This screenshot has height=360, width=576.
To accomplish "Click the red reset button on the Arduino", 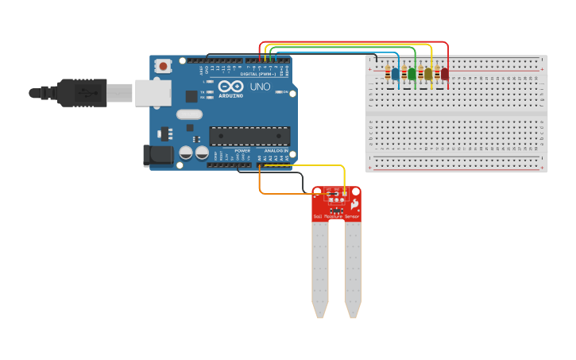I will [163, 66].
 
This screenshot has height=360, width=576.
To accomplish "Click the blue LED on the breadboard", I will [395, 74].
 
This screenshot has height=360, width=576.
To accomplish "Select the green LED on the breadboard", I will [412, 74].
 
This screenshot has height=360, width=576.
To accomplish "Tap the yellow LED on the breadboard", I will [428, 74].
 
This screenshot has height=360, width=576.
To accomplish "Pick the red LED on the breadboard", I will [445, 74].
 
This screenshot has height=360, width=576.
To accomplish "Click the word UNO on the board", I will [261, 87].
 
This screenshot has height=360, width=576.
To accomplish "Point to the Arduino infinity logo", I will [231, 86].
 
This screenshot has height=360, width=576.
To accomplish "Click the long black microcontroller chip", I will [249, 135].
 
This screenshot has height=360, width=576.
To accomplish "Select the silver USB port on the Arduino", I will [153, 93].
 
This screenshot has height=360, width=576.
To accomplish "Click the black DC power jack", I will [157, 155].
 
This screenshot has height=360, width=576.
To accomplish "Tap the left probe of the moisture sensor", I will [319, 270].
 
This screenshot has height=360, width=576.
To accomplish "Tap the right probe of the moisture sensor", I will [353, 270].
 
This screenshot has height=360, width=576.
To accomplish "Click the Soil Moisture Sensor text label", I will [336, 216].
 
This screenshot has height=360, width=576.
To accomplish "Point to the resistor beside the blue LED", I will [387, 74].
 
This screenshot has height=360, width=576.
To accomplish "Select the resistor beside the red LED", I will [437, 74].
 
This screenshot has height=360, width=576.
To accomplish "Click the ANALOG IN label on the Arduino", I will [276, 150].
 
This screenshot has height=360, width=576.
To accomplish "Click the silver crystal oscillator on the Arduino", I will [190, 114].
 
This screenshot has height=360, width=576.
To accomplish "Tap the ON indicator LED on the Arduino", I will [279, 92].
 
